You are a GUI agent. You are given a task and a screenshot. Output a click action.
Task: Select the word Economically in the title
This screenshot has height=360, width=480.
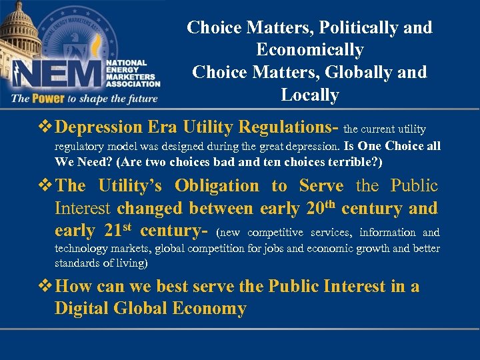click(310, 51)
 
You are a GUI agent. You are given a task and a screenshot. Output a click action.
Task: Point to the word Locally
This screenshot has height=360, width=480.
click(310, 95)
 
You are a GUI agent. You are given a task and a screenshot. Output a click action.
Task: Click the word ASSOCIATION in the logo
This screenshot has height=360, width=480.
click(133, 84)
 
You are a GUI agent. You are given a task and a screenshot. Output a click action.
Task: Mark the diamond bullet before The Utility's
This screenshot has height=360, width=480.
click(47, 186)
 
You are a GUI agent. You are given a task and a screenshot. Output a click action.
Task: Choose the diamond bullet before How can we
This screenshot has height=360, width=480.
click(47, 287)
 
